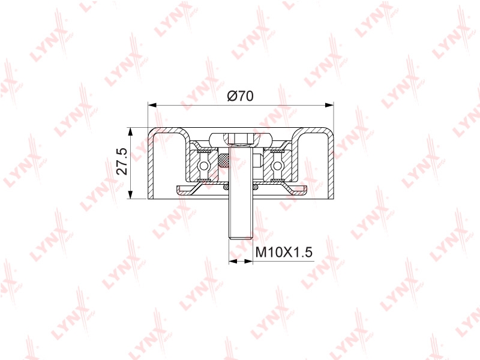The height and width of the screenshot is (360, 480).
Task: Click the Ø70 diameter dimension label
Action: pos(241,97)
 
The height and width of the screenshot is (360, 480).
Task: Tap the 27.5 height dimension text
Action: pos(122,161)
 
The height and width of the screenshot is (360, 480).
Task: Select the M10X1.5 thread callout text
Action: pos(284,253)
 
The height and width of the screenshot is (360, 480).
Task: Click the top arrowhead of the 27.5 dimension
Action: pos(131,132)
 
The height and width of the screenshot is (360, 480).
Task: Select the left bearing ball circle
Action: pos(203,166)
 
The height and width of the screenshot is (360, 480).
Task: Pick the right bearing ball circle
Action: pos(277,166)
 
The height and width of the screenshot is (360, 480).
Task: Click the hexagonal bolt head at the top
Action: pos(241,139)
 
